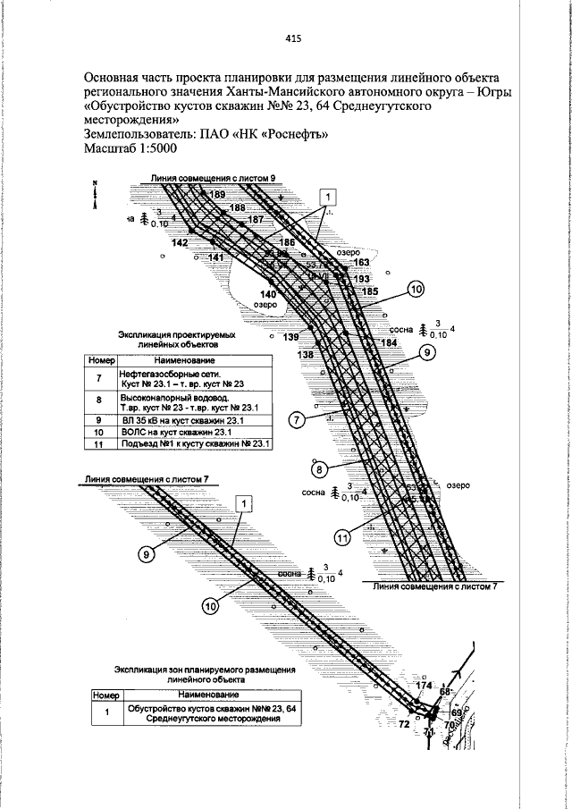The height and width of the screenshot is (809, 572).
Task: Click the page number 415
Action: (293, 38)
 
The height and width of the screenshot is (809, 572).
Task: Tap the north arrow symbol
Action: (95, 196)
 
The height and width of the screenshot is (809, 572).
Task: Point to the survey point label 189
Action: (219, 195)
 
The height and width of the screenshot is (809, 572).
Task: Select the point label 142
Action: (180, 243)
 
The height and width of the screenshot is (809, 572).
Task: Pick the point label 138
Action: (306, 355)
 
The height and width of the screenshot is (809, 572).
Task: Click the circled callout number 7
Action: (298, 417)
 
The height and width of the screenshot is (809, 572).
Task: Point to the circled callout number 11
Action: (344, 536)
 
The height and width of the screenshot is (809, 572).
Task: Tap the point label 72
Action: (403, 722)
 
